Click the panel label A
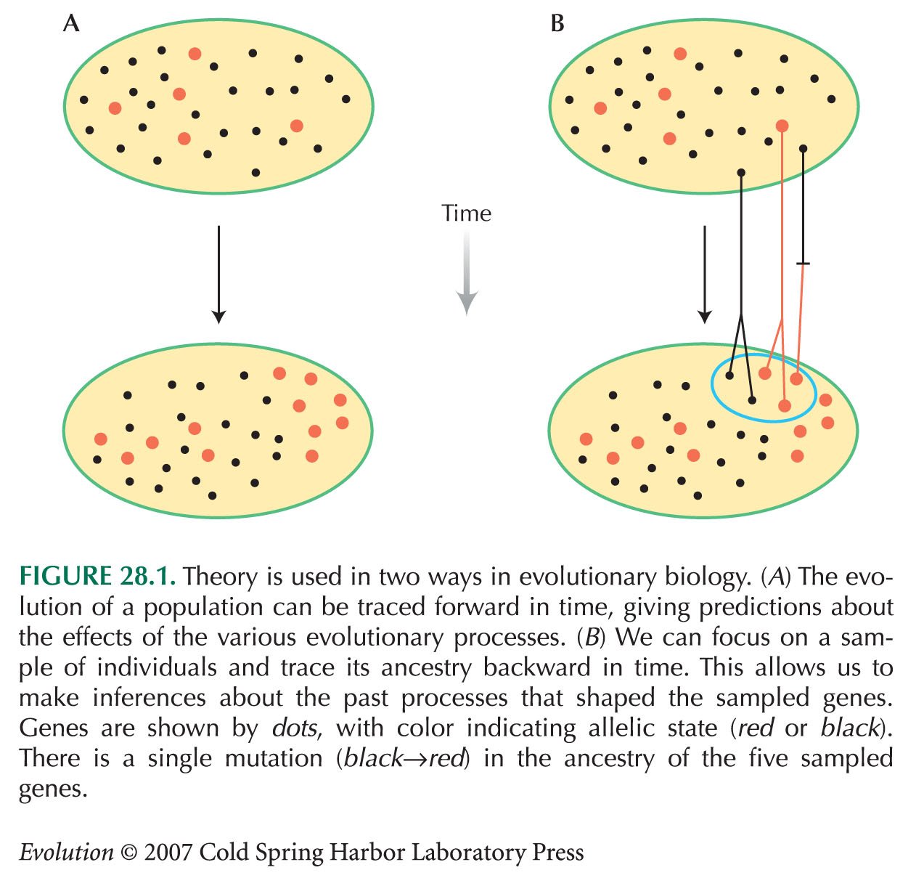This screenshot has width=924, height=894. click(70, 23)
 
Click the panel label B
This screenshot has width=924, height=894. click(557, 23)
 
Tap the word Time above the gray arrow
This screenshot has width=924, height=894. click(466, 214)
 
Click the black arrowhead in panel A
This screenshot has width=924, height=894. click(218, 317)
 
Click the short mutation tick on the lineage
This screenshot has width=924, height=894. click(803, 263)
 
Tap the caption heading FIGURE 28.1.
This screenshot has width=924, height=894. click(97, 577)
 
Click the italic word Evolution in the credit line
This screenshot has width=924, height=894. click(67, 852)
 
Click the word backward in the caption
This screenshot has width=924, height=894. click(538, 667)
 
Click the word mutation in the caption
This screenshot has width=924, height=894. click(274, 757)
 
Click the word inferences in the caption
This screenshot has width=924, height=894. click(149, 698)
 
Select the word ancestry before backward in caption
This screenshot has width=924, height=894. click(426, 668)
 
